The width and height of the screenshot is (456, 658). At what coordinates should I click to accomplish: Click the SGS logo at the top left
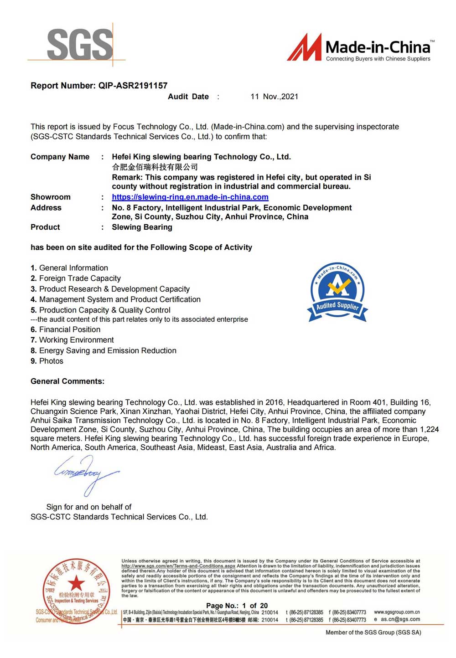pos(80,44)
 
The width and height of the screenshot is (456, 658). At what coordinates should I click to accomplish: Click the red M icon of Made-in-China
pos(304,48)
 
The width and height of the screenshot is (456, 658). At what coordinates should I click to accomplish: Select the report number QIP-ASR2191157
pos(133,86)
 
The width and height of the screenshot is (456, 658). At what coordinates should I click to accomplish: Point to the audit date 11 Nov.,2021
pos(274,97)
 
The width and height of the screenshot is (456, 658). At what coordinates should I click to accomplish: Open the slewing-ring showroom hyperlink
pos(190,197)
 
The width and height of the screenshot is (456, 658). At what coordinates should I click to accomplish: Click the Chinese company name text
pos(155,167)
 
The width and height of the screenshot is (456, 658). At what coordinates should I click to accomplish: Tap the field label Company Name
pos(60,157)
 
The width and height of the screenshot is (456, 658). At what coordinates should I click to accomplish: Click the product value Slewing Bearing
pos(142,227)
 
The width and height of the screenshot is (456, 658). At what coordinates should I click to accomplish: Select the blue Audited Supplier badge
pos(337,292)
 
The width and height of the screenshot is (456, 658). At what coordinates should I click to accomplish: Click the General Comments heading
pos(67,381)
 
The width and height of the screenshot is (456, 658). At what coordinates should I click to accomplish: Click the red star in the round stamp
pos(76,583)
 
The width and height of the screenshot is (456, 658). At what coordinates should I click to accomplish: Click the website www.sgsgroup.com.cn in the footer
pos(396,612)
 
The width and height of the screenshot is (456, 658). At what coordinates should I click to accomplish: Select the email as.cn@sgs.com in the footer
pos(400,619)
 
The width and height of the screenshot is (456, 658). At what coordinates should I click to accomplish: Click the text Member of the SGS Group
pos(373,632)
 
